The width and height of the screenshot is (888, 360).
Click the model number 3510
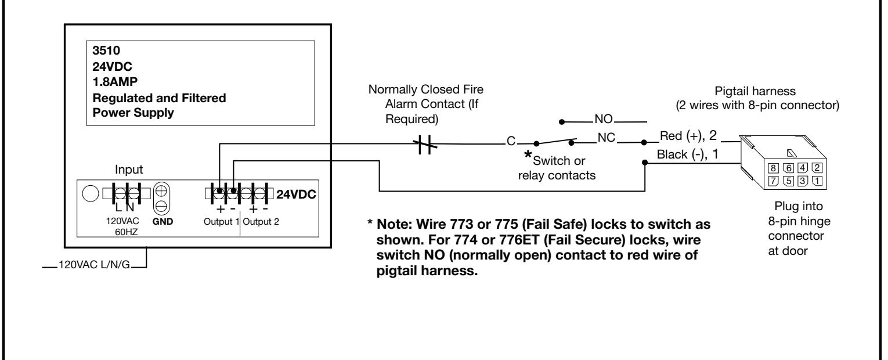tap(106, 51)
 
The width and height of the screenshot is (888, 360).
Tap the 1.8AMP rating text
tap(115, 82)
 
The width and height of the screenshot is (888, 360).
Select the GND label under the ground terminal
tap(163, 221)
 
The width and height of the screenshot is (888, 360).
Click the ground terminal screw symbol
tap(161, 199)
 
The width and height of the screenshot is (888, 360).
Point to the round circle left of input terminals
tap(91, 193)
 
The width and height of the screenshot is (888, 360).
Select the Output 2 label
tap(261, 221)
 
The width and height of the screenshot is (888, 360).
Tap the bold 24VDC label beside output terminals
tap(296, 195)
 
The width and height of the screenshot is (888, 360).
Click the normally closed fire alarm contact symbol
tap(425, 145)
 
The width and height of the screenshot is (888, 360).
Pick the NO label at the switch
tap(604, 118)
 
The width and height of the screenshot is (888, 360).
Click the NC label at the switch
tap(606, 138)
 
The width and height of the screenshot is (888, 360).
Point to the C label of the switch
tap(511, 141)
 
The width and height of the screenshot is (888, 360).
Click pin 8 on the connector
tap(773, 168)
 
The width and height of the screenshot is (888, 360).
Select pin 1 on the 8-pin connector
tap(817, 181)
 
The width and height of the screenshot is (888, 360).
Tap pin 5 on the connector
tap(789, 181)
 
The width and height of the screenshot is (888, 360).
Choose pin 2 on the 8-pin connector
tap(817, 168)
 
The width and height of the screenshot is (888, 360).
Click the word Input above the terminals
tap(129, 170)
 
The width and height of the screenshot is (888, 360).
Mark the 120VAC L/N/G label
tap(95, 264)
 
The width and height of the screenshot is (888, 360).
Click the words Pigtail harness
tap(755, 91)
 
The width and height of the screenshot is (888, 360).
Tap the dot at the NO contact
tap(562, 122)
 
